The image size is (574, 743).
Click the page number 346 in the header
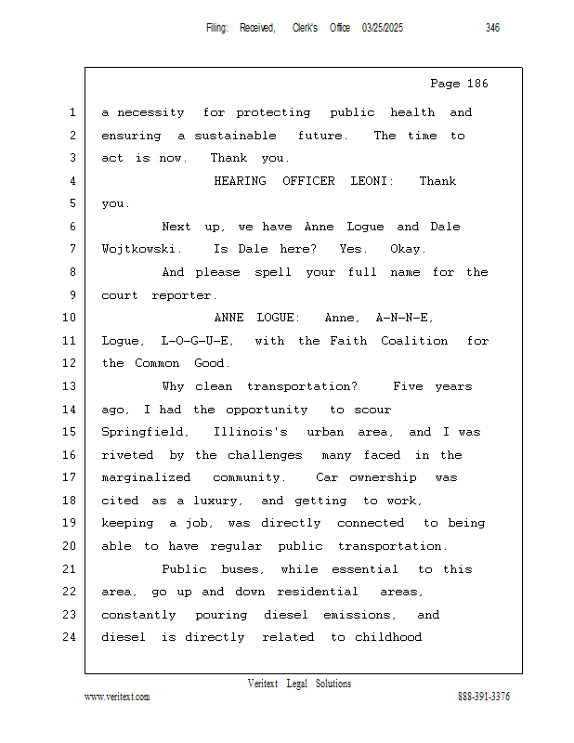[x=492, y=28]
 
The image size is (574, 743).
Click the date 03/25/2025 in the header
[x=383, y=28]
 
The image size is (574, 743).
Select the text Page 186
[x=459, y=84]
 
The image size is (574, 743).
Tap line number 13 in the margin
[x=71, y=386]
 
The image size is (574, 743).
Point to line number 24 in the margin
[x=71, y=637]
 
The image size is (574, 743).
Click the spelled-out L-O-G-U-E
[x=201, y=341]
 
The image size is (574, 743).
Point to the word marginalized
[x=146, y=477]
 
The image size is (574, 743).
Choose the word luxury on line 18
[x=224, y=501]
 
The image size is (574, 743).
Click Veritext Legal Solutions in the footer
[x=299, y=684]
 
